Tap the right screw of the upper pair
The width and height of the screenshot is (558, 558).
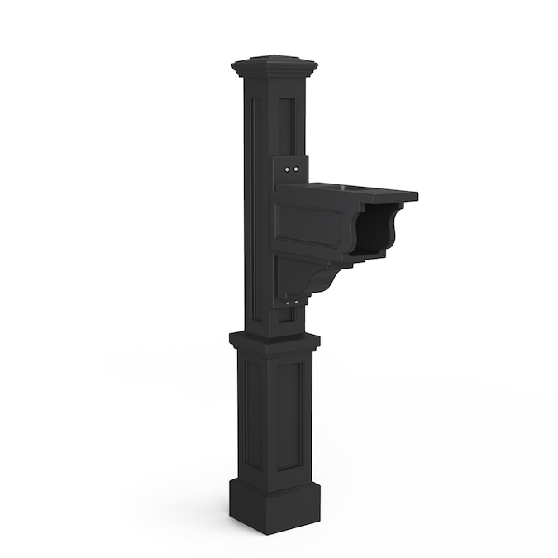tap(296, 168)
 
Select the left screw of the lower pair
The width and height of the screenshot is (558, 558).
tap(287, 303)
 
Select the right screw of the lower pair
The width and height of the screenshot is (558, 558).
tap(295, 303)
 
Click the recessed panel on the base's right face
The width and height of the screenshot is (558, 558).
tap(289, 413)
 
